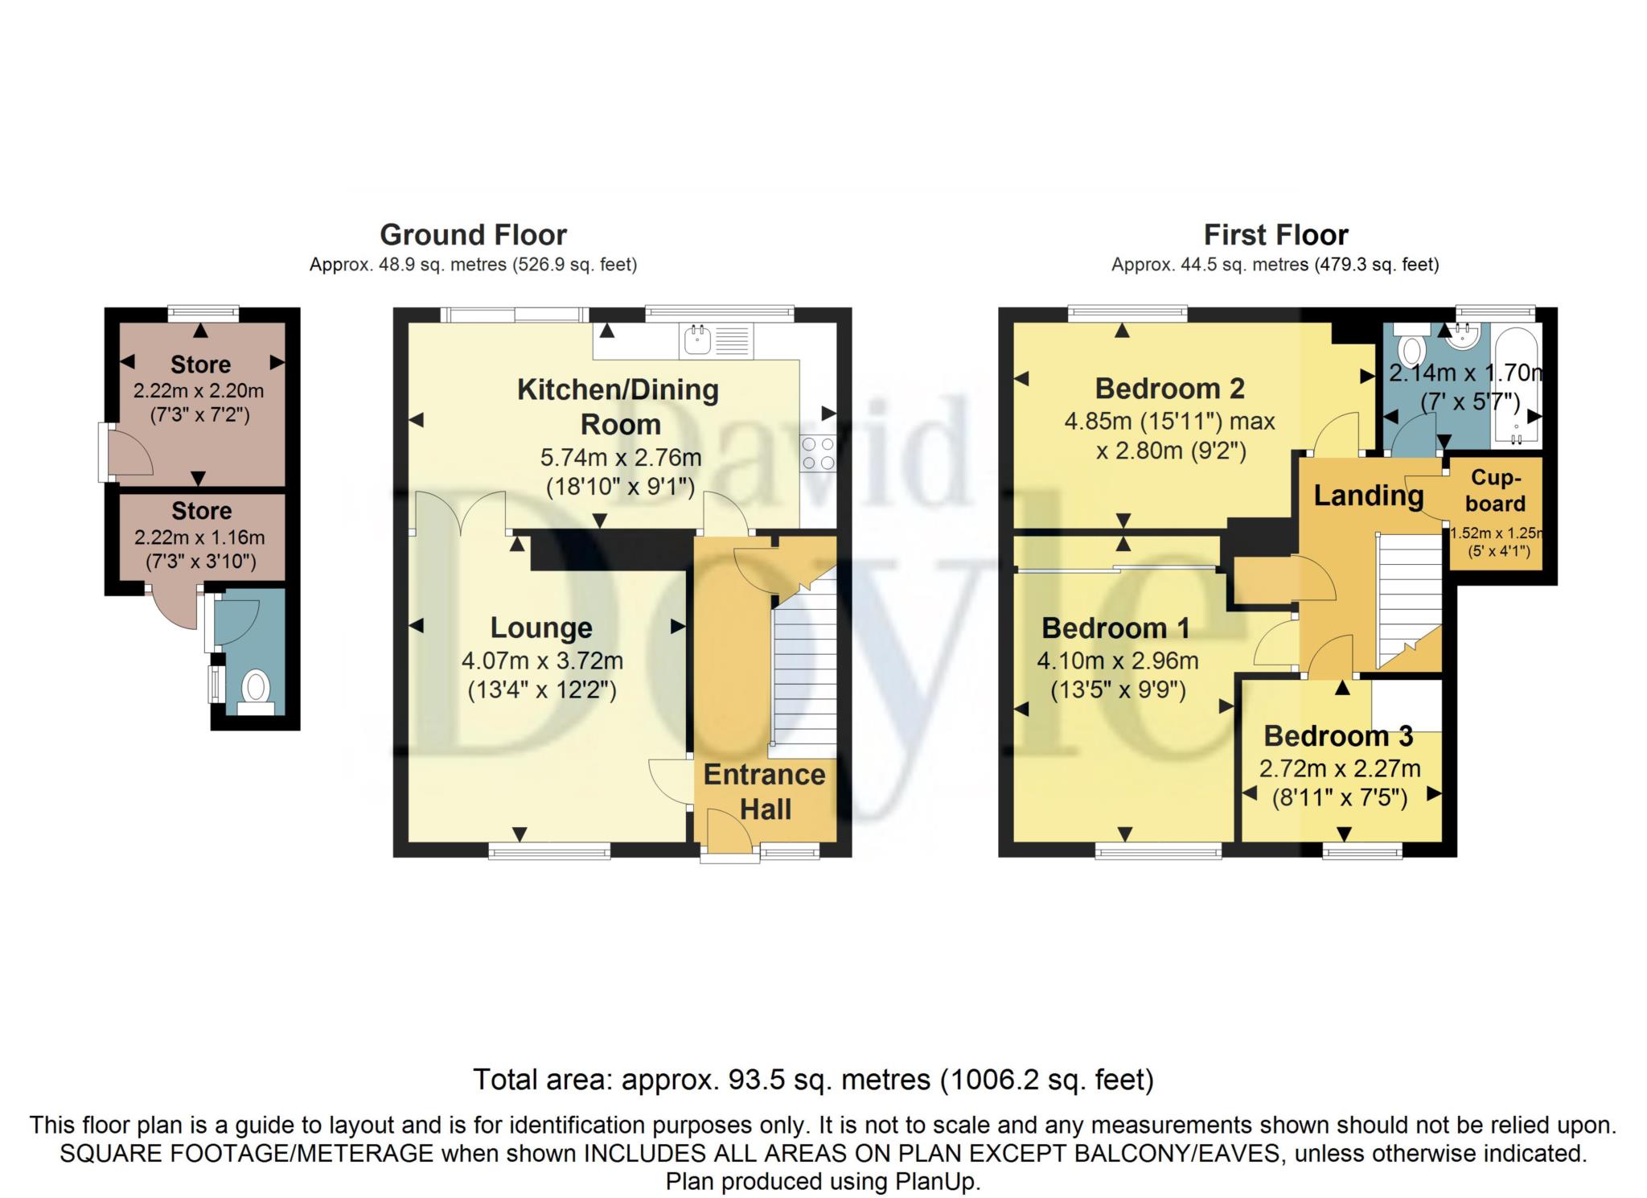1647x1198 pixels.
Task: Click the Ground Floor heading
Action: [x=473, y=235]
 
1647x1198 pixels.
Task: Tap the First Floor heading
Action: [x=1275, y=235]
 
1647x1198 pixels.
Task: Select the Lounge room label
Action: [x=541, y=628]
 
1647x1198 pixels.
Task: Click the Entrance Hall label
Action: [x=765, y=792]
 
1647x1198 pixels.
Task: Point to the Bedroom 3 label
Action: [x=1338, y=736]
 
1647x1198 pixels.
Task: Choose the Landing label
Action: [x=1369, y=496]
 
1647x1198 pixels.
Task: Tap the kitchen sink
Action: [x=696, y=340]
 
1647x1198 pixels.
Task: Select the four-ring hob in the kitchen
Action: [x=818, y=453]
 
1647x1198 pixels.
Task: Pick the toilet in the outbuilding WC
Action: [x=256, y=693]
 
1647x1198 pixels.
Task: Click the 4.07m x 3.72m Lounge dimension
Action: [x=542, y=661]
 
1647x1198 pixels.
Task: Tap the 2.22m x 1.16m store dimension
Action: [x=199, y=537]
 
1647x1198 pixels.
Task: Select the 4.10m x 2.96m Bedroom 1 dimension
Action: [x=1118, y=661]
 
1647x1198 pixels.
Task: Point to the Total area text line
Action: [x=813, y=1080]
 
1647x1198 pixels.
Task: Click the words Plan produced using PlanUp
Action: [x=823, y=1181]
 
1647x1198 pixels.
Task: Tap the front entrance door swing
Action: [x=730, y=829]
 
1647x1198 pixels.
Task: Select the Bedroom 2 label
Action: [x=1169, y=389]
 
